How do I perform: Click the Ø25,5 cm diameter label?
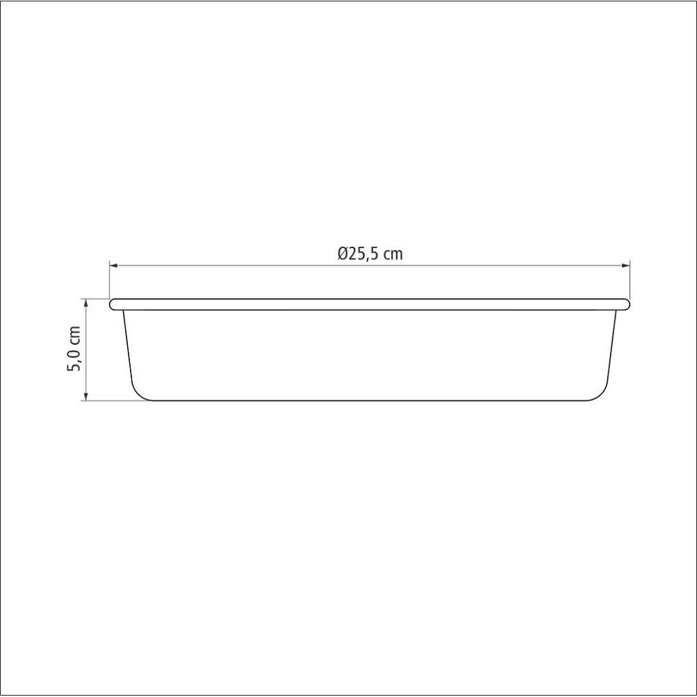pos(370,254)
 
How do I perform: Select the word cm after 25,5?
pos(393,255)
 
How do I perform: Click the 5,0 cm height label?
pos(74,349)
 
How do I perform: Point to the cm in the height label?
pos(74,336)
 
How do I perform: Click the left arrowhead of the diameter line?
pos(113,265)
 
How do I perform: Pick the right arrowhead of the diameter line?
pos(626,265)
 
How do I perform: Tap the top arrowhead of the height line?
pos(86,302)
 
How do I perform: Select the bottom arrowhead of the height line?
pos(86,397)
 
